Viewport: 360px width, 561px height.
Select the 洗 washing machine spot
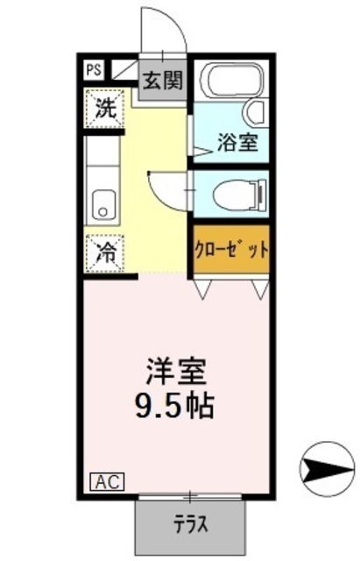coord(105,111)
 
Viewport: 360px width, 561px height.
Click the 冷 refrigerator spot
coord(105,254)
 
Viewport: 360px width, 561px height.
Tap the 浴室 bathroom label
coord(237,141)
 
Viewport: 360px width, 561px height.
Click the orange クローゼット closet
coord(231,248)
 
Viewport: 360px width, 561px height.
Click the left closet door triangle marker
coord(202,288)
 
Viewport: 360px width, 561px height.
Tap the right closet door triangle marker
coord(259,288)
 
